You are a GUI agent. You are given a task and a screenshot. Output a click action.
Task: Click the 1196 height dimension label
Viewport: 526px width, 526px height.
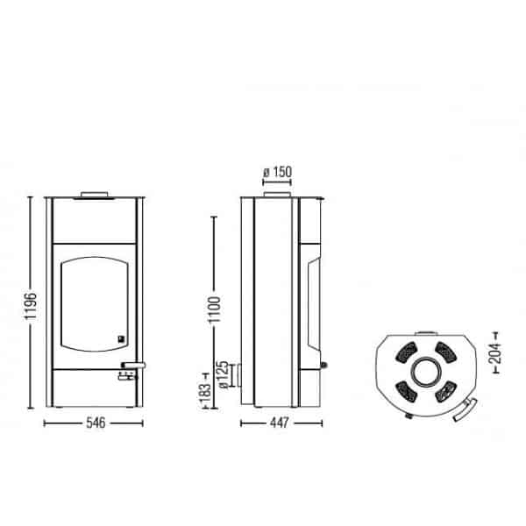pyautogui.click(x=31, y=306)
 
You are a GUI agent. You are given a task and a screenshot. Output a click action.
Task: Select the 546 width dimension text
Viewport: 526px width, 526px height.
pyautogui.click(x=96, y=423)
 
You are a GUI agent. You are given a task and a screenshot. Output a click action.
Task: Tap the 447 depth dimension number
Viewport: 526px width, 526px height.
pyautogui.click(x=279, y=423)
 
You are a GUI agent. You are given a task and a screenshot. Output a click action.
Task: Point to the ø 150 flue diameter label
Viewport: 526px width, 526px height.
pyautogui.click(x=277, y=172)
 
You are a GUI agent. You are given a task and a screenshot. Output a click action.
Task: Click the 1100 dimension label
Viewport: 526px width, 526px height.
pyautogui.click(x=215, y=309)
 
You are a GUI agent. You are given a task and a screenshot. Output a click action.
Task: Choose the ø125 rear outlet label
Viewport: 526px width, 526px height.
pyautogui.click(x=224, y=374)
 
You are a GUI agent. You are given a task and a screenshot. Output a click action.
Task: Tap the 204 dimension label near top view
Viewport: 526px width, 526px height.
pyautogui.click(x=495, y=353)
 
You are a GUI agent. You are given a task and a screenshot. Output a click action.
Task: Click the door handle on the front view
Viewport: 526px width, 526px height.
pyautogui.click(x=133, y=365)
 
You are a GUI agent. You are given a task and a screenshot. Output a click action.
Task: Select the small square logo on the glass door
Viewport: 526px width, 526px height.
pyautogui.click(x=121, y=339)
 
